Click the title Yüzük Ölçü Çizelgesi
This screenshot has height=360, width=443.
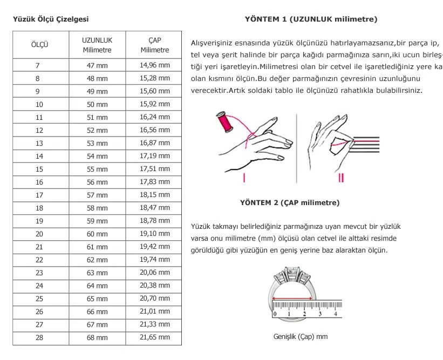50,19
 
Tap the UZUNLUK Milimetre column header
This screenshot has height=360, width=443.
97,45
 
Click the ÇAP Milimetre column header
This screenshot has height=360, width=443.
155,45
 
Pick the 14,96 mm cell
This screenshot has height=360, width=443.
155,65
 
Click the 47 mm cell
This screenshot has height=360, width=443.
97,65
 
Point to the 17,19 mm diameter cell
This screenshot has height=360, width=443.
155,156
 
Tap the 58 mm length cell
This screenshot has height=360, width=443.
97,208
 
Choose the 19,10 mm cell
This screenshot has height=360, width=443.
155,234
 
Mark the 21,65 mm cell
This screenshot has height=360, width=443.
155,337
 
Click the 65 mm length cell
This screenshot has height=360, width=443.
97,298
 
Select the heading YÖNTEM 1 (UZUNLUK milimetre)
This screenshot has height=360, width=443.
311,19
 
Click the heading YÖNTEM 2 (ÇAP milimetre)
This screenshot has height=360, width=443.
290,203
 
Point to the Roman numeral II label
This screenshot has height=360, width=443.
341,177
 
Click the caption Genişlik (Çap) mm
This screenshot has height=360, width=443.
301,337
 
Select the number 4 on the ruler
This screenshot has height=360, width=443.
336,314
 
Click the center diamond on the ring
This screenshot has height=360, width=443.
294,273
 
